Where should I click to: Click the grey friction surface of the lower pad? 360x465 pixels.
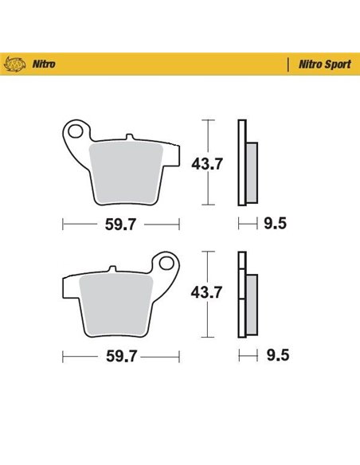click(x=119, y=302)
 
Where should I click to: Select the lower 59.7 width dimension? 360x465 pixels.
click(x=122, y=354)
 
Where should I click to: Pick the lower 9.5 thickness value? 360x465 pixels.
click(x=275, y=354)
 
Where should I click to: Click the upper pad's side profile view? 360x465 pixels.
click(x=247, y=163)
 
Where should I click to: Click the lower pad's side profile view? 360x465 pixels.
click(x=247, y=295)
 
